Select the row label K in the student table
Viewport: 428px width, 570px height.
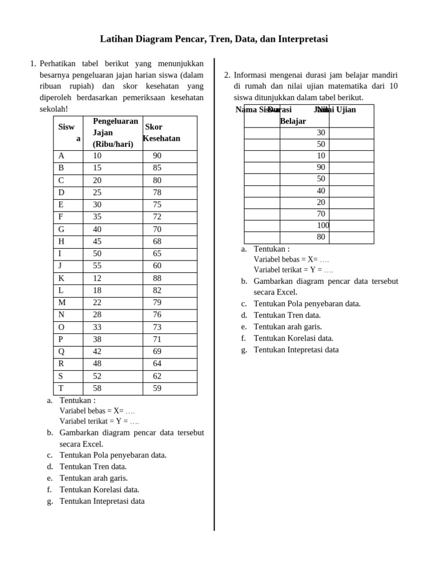point(61,278)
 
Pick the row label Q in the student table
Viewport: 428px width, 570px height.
point(61,352)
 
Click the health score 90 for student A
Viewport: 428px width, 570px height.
point(157,156)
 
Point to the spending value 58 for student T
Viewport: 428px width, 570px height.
point(98,389)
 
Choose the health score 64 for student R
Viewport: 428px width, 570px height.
point(157,364)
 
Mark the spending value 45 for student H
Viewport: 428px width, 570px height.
point(98,242)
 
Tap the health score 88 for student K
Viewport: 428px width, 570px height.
point(157,278)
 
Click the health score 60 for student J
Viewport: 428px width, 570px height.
point(157,266)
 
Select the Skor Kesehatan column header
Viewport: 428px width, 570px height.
point(162,133)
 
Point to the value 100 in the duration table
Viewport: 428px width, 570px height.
point(323,225)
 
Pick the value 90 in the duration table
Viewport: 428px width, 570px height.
point(321,167)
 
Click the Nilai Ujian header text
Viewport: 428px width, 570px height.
point(338,110)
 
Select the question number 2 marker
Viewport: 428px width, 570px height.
point(227,75)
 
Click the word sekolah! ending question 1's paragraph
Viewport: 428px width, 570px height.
point(54,109)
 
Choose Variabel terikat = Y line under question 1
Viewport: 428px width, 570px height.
point(99,421)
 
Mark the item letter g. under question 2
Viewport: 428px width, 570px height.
point(244,350)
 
